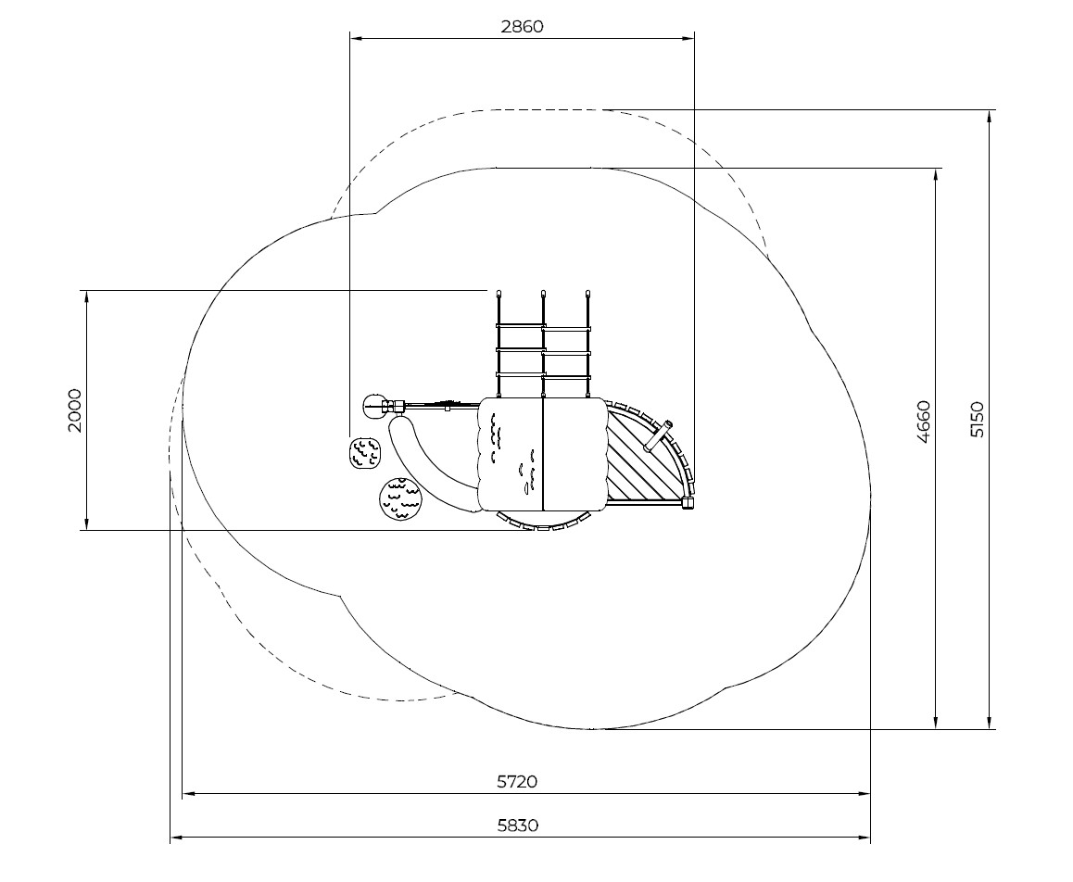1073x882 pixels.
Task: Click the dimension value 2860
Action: [x=522, y=27]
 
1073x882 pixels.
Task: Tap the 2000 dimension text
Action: [x=74, y=410]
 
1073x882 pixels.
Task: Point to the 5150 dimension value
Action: [x=978, y=420]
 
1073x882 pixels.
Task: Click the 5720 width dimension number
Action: [x=517, y=781]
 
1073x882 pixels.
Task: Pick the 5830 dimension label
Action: [x=517, y=825]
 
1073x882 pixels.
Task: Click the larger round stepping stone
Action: [x=401, y=499]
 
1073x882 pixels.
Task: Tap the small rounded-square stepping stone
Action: [x=365, y=453]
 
